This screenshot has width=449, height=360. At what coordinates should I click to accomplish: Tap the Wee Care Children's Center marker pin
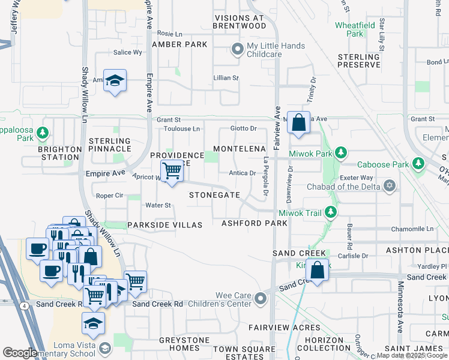pyautogui.click(x=260, y=298)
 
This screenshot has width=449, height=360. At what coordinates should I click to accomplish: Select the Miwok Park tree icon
pyautogui.click(x=340, y=152)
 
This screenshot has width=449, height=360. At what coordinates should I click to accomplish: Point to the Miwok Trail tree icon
pyautogui.click(x=330, y=212)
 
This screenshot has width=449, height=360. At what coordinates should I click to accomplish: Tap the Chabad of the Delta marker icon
pyautogui.click(x=391, y=184)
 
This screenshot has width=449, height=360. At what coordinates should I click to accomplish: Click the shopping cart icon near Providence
pyautogui.click(x=172, y=171)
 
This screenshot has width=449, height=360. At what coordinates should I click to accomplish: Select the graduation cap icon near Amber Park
pyautogui.click(x=113, y=80)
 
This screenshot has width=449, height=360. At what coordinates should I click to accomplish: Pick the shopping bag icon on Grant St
pyautogui.click(x=298, y=122)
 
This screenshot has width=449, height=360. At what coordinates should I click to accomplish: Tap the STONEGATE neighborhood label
pyautogui.click(x=214, y=196)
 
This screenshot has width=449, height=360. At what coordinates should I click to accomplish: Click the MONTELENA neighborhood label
pyautogui.click(x=240, y=148)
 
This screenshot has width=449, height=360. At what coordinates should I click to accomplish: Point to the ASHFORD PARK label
pyautogui.click(x=254, y=223)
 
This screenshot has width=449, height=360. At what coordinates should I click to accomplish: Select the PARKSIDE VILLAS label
pyautogui.click(x=164, y=224)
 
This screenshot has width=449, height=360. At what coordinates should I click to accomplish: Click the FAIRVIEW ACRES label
pyautogui.click(x=284, y=328)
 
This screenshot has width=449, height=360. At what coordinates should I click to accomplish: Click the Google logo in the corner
pyautogui.click(x=20, y=353)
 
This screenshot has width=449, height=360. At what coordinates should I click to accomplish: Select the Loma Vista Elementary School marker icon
pyautogui.click(x=105, y=349)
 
